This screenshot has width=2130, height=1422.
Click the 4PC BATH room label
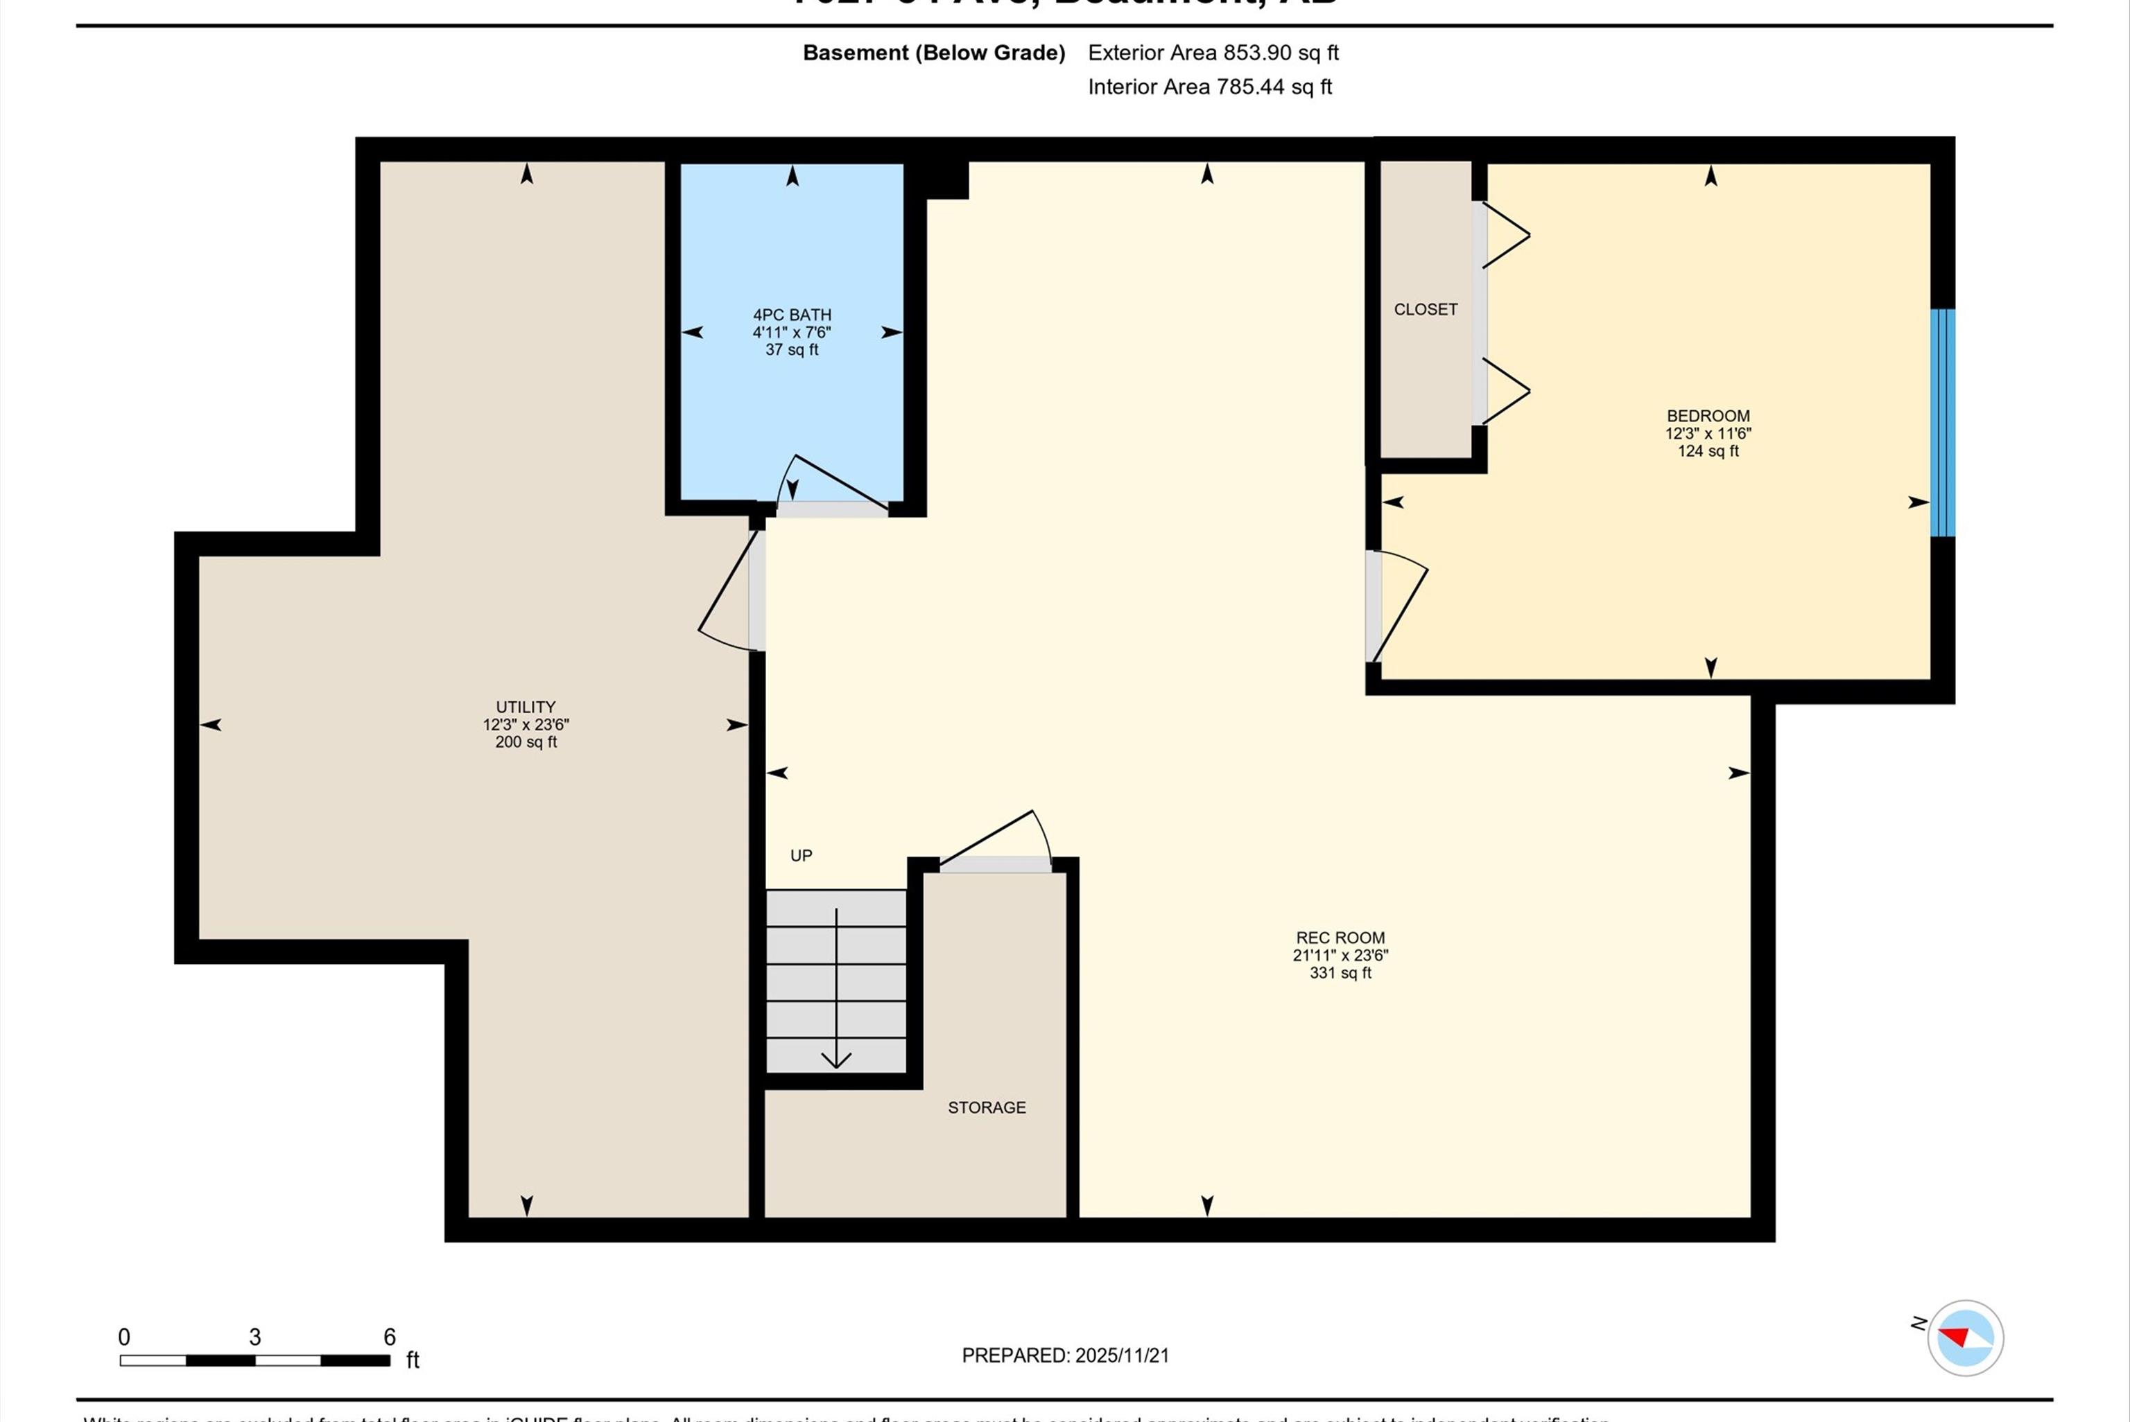click(791, 315)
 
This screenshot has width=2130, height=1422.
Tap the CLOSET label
click(1425, 309)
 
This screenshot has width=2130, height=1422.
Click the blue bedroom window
click(1941, 423)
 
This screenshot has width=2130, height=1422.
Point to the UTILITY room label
click(526, 706)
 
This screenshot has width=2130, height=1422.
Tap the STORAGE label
click(986, 1107)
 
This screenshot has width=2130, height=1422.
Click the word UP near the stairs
click(800, 855)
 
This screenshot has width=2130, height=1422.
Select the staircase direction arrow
click(835, 988)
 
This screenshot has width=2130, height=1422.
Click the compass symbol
click(1965, 1337)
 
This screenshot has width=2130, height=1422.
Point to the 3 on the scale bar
click(255, 1337)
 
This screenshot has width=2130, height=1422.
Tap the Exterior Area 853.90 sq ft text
click(1213, 53)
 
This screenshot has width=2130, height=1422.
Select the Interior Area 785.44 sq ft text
click(1209, 87)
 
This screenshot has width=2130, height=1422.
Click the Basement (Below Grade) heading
click(933, 53)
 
